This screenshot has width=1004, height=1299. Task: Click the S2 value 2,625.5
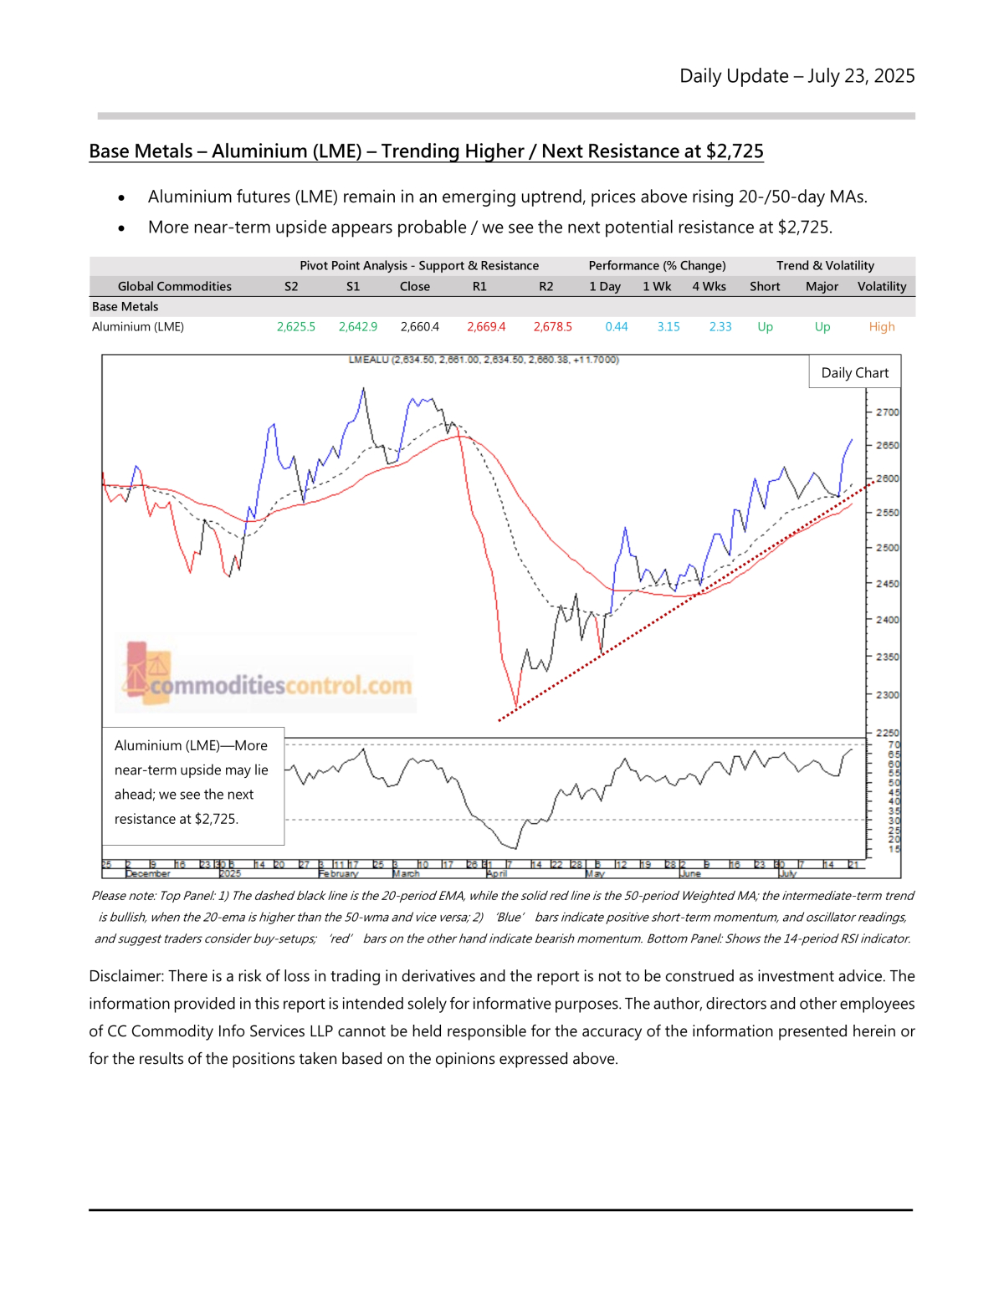coord(295,327)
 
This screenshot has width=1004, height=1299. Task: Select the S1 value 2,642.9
coord(357,327)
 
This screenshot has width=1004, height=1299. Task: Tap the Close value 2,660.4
coord(419,327)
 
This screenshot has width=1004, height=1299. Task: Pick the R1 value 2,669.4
coord(485,327)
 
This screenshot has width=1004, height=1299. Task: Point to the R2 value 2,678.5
coord(552,327)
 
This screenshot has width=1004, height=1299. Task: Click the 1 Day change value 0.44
coord(616,327)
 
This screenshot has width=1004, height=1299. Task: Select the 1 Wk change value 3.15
coord(668,327)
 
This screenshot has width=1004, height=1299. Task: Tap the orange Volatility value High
coord(881,327)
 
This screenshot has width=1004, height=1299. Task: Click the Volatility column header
coord(881,286)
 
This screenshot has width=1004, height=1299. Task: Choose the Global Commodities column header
coord(174,286)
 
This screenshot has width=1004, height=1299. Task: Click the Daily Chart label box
coord(854,373)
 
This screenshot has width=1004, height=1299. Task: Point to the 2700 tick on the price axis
coord(887,412)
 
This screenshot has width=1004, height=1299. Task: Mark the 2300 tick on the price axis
coord(887,695)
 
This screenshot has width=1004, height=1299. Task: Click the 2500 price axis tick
coord(887,548)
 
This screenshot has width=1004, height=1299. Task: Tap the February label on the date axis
coord(338,873)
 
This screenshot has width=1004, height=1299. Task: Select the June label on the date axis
coord(690,873)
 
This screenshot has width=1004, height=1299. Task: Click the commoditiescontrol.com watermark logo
coord(268,676)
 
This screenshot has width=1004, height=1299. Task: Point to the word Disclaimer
coord(125,976)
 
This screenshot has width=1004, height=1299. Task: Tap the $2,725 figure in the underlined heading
coord(735,151)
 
